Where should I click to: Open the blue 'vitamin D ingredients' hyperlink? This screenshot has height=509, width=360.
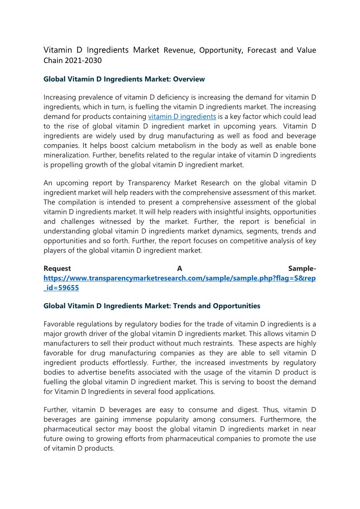pyautogui.click(x=182, y=116)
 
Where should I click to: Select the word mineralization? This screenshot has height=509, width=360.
pyautogui.click(x=65, y=155)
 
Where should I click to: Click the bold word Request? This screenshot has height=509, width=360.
pyautogui.click(x=57, y=269)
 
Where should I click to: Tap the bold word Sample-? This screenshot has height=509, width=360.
pyautogui.click(x=302, y=269)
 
